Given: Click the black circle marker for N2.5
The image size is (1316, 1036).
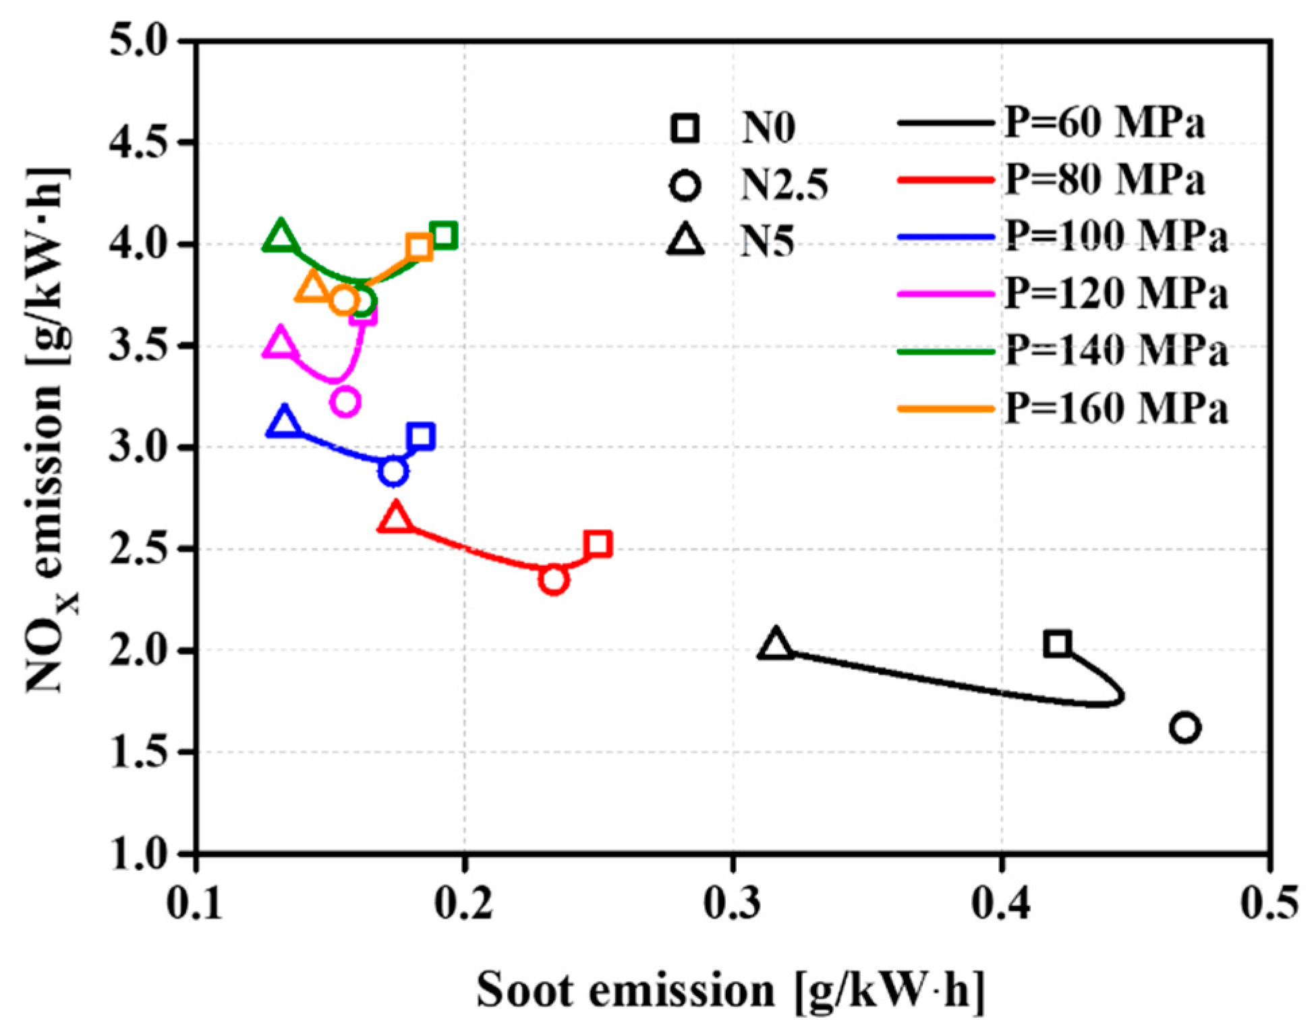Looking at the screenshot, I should (x=1185, y=728).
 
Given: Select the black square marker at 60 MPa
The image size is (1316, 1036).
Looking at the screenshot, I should (x=1057, y=643).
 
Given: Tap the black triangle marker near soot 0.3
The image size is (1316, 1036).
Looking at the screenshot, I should (x=776, y=644).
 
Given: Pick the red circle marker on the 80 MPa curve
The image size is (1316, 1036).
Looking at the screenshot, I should (x=554, y=580).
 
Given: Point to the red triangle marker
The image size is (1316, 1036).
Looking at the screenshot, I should (x=396, y=518).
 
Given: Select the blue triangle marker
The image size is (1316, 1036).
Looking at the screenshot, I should (x=284, y=422).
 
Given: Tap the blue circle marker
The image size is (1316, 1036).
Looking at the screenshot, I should (x=393, y=471).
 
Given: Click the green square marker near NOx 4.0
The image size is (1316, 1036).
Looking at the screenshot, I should (x=444, y=236).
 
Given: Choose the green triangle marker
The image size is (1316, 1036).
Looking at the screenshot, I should (x=281, y=236).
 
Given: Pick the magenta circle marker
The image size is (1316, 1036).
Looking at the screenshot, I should (x=345, y=402).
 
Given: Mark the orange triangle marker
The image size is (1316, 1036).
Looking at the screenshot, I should (x=312, y=287).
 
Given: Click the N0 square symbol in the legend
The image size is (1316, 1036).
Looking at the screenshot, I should (x=685, y=128).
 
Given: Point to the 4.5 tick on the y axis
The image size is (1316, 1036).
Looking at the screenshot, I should (x=138, y=142).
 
